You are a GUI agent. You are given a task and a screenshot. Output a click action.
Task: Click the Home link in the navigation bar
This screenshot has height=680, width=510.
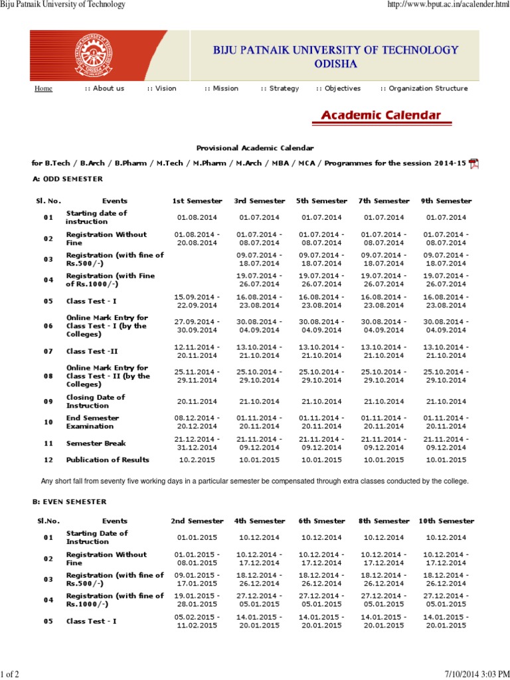[43, 88]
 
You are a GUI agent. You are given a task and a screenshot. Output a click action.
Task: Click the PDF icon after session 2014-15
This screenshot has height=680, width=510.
[473, 164]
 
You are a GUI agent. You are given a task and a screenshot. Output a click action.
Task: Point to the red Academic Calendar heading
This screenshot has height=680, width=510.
[381, 116]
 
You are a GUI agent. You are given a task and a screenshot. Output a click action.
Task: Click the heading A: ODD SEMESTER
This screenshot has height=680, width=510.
[67, 179]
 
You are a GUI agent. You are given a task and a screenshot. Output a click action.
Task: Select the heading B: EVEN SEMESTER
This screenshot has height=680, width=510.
[69, 501]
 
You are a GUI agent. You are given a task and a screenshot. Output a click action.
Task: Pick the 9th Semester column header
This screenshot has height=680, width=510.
[446, 201]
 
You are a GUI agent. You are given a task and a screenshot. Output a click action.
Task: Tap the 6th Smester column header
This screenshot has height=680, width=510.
[321, 521]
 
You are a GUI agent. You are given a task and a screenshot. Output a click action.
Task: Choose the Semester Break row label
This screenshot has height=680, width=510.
[96, 443]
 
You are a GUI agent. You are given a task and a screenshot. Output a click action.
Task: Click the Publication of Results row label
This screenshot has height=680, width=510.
[107, 460]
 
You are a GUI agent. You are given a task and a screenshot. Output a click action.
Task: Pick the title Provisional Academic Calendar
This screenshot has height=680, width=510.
[255, 147]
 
